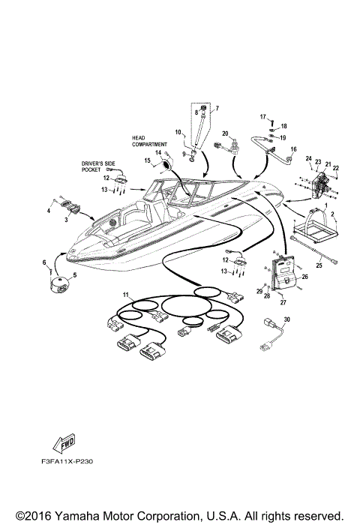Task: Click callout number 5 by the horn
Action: click(x=74, y=275)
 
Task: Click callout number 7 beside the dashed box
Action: click(x=217, y=108)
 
